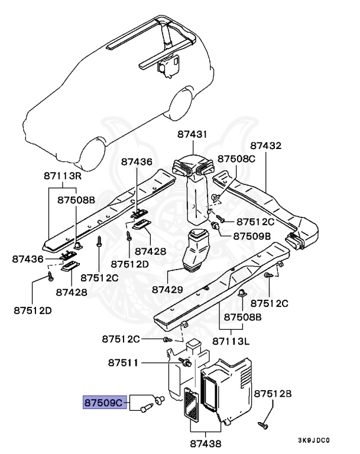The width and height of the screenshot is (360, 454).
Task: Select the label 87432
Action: (x=266, y=145)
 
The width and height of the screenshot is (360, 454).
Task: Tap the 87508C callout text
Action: (x=236, y=158)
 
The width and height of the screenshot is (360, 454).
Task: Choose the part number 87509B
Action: (x=252, y=236)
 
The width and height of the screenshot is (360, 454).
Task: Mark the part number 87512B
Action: (x=274, y=393)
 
